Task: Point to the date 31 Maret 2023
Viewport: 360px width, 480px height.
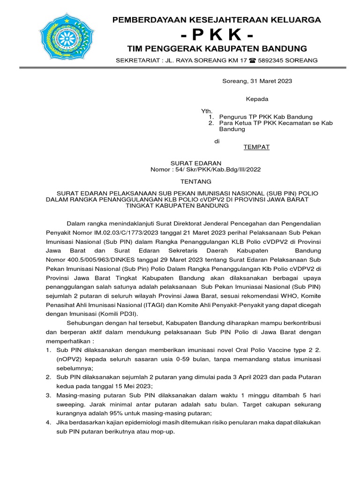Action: pos(272,81)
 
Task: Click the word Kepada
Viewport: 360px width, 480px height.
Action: pos(257,99)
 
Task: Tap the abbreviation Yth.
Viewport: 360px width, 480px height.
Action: pos(207,111)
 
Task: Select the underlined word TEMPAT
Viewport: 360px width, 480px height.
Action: pos(256,147)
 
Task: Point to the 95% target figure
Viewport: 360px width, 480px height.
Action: pos(127,413)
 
